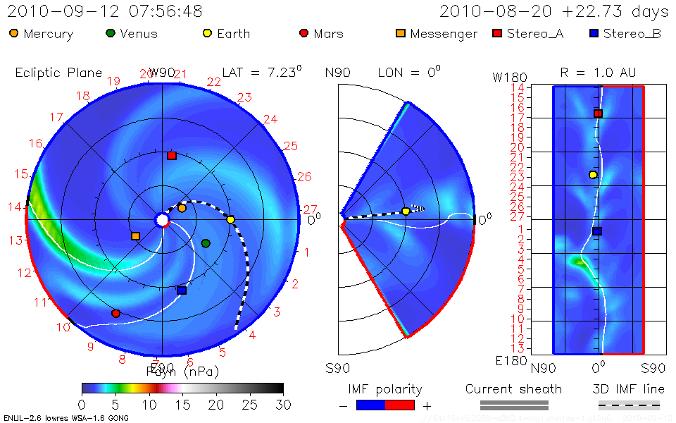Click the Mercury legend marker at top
pyautogui.click(x=13, y=33)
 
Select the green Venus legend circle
pyautogui.click(x=110, y=33)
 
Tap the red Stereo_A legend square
pyautogui.click(x=497, y=33)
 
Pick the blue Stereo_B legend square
pyautogui.click(x=594, y=33)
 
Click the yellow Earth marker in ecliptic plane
pyautogui.click(x=230, y=220)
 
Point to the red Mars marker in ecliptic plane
pyautogui.click(x=116, y=313)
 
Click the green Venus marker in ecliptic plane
pyautogui.click(x=206, y=243)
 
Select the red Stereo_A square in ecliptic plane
pyautogui.click(x=172, y=156)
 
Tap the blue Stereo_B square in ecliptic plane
pyautogui.click(x=182, y=290)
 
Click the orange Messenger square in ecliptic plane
pyautogui.click(x=135, y=236)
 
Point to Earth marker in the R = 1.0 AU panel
pyautogui.click(x=593, y=175)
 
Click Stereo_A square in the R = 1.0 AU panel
pyautogui.click(x=598, y=114)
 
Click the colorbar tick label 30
pyautogui.click(x=282, y=405)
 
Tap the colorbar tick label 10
pyautogui.click(x=149, y=405)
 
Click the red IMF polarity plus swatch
pyautogui.click(x=399, y=405)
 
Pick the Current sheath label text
pyautogui.click(x=513, y=389)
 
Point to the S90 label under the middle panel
pyautogui.click(x=339, y=367)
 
